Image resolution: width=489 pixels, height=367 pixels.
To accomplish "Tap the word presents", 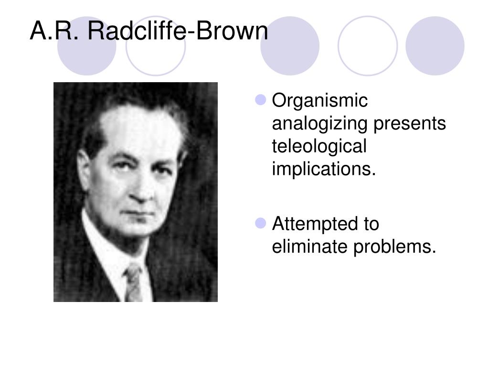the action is (x=409, y=124).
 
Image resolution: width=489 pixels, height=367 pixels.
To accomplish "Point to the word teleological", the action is (x=319, y=146).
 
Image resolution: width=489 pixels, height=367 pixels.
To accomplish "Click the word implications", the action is (x=324, y=169).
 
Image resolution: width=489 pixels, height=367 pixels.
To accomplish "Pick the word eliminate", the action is (x=309, y=246).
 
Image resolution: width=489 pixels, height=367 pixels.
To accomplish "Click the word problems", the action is (x=394, y=247).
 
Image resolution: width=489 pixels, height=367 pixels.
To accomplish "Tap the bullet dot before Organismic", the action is (x=260, y=100).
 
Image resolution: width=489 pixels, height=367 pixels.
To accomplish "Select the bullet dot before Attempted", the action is (x=260, y=223).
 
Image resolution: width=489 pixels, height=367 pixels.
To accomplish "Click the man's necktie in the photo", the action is (x=134, y=282).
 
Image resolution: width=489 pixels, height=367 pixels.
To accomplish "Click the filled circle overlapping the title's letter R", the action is (x=87, y=46).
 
